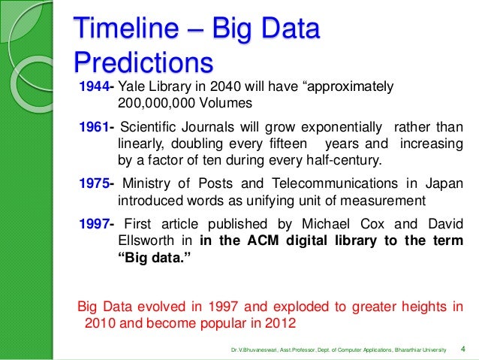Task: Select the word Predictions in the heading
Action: (x=143, y=62)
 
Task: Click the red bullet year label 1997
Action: (x=94, y=223)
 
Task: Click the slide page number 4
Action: (x=463, y=349)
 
